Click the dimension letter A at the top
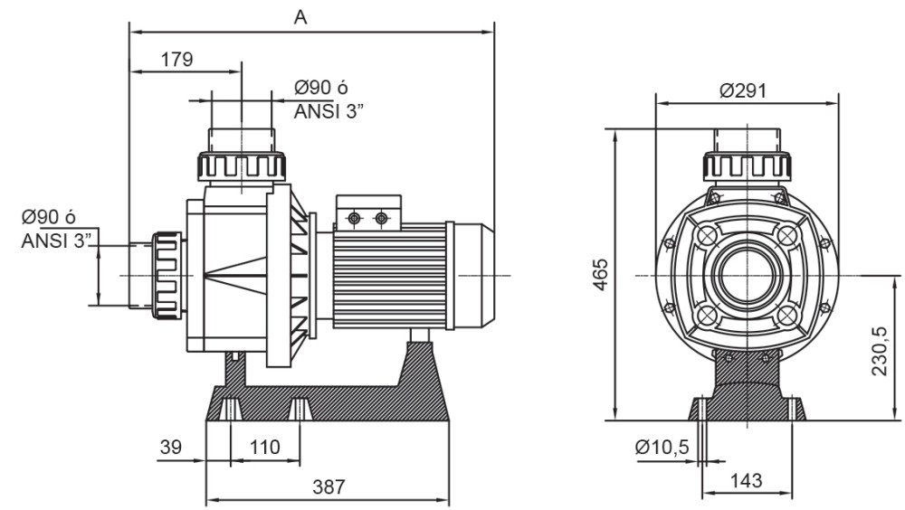pyautogui.click(x=300, y=15)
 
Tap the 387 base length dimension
pyautogui.click(x=329, y=486)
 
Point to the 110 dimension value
pyautogui.click(x=264, y=447)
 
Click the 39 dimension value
pyautogui.click(x=171, y=447)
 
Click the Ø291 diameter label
pyautogui.click(x=743, y=90)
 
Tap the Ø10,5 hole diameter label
pyautogui.click(x=662, y=447)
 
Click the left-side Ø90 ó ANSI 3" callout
pyautogui.click(x=56, y=230)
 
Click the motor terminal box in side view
pyautogui.click(x=368, y=212)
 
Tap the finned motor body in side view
pyautogui.click(x=390, y=275)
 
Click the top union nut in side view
pyautogui.click(x=243, y=166)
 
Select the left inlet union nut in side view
pyautogui.click(x=167, y=275)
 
